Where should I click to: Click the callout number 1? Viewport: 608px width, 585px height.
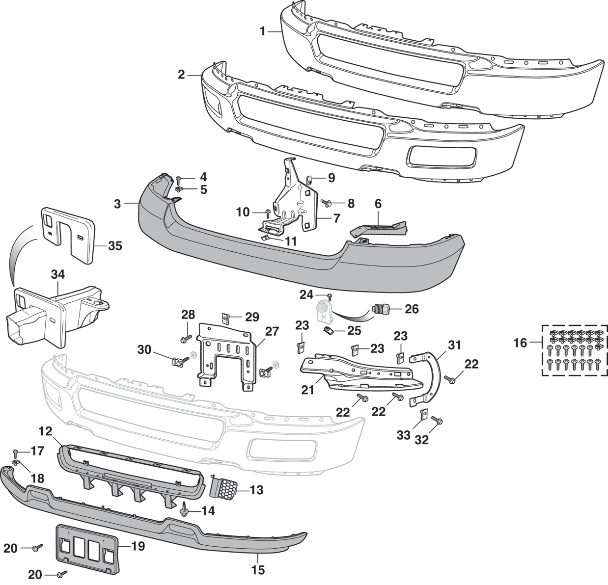coord(263,31)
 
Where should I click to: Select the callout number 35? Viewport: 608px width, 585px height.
coord(115,245)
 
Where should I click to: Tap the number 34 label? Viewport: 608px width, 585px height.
coord(57,275)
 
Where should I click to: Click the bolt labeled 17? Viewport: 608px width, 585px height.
coord(16,451)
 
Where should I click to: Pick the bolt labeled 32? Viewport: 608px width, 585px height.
coord(437,421)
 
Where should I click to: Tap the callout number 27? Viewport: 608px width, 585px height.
coord(272,331)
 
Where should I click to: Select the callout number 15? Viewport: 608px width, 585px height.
coord(258,570)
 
